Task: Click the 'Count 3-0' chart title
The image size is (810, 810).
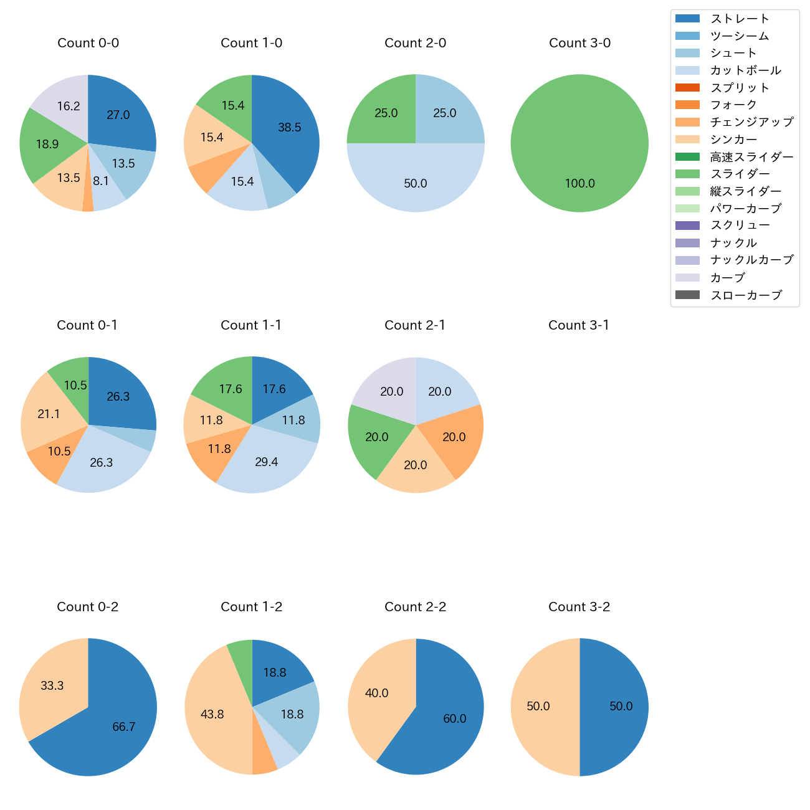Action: tap(579, 43)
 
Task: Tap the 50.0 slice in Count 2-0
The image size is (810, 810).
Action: tap(416, 181)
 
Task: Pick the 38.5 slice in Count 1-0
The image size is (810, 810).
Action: tap(287, 131)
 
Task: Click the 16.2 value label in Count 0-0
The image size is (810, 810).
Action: tap(69, 107)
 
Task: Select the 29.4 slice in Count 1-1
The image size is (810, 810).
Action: tap(268, 461)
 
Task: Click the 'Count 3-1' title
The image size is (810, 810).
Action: tap(579, 325)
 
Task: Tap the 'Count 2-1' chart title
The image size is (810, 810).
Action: tap(415, 325)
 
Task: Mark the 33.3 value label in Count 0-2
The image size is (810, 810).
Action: tap(52, 686)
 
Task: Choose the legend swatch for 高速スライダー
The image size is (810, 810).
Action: tap(687, 156)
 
